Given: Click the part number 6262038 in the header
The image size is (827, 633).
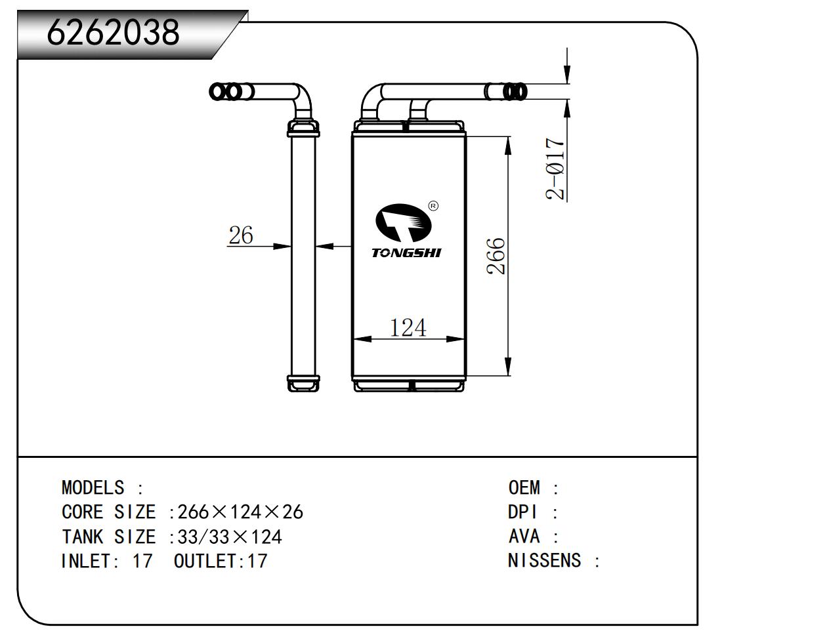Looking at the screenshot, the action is click(113, 32).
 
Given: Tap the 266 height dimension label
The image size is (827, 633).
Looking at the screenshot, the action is click(496, 256).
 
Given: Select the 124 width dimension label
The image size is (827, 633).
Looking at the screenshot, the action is click(408, 327).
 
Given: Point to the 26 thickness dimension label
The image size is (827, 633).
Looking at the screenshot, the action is click(240, 235).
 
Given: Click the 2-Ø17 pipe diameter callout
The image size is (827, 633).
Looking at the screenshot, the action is click(555, 169).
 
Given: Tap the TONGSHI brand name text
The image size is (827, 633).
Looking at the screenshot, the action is click(406, 253).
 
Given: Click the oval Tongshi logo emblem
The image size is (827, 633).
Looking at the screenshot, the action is click(404, 223).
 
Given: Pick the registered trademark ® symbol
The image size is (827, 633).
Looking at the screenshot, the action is click(433, 206).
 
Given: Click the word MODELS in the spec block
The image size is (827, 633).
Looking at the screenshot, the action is click(93, 488).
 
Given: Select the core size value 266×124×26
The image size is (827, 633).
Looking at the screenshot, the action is click(240, 512).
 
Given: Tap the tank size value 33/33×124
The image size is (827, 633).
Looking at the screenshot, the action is click(230, 537).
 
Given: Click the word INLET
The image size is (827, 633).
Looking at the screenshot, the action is click(86, 561).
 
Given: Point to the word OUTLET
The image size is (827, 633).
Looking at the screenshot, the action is click(205, 561).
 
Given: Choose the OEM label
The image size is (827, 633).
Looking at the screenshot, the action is click(524, 488).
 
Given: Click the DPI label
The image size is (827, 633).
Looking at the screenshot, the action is click(522, 512).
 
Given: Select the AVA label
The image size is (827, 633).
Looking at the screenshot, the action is click(524, 537).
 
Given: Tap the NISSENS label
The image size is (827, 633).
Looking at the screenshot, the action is click(545, 561).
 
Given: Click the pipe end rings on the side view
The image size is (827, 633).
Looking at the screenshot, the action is click(226, 92).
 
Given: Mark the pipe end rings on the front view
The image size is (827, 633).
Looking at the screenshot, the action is click(515, 91).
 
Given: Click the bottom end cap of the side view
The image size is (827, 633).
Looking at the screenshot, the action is click(303, 383).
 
